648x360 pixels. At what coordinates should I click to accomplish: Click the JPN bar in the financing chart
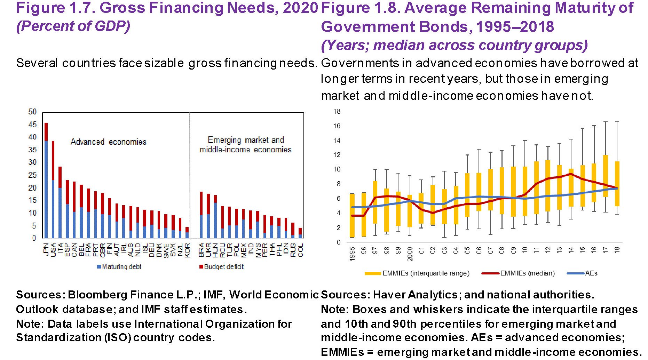click(46, 181)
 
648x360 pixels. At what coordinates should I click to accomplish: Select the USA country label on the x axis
click(53, 250)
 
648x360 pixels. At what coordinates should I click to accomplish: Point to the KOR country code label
click(187, 250)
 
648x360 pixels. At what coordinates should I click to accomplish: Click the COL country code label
click(300, 250)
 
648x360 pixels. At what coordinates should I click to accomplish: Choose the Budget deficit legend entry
click(221, 267)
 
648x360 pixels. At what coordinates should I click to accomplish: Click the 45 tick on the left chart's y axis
click(32, 125)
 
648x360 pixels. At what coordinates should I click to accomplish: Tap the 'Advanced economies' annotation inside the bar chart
click(108, 142)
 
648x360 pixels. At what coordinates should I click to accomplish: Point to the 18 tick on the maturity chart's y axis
click(337, 112)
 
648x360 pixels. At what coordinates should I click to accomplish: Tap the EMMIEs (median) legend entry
click(519, 273)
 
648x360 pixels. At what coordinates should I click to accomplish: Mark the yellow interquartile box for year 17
click(606, 176)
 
